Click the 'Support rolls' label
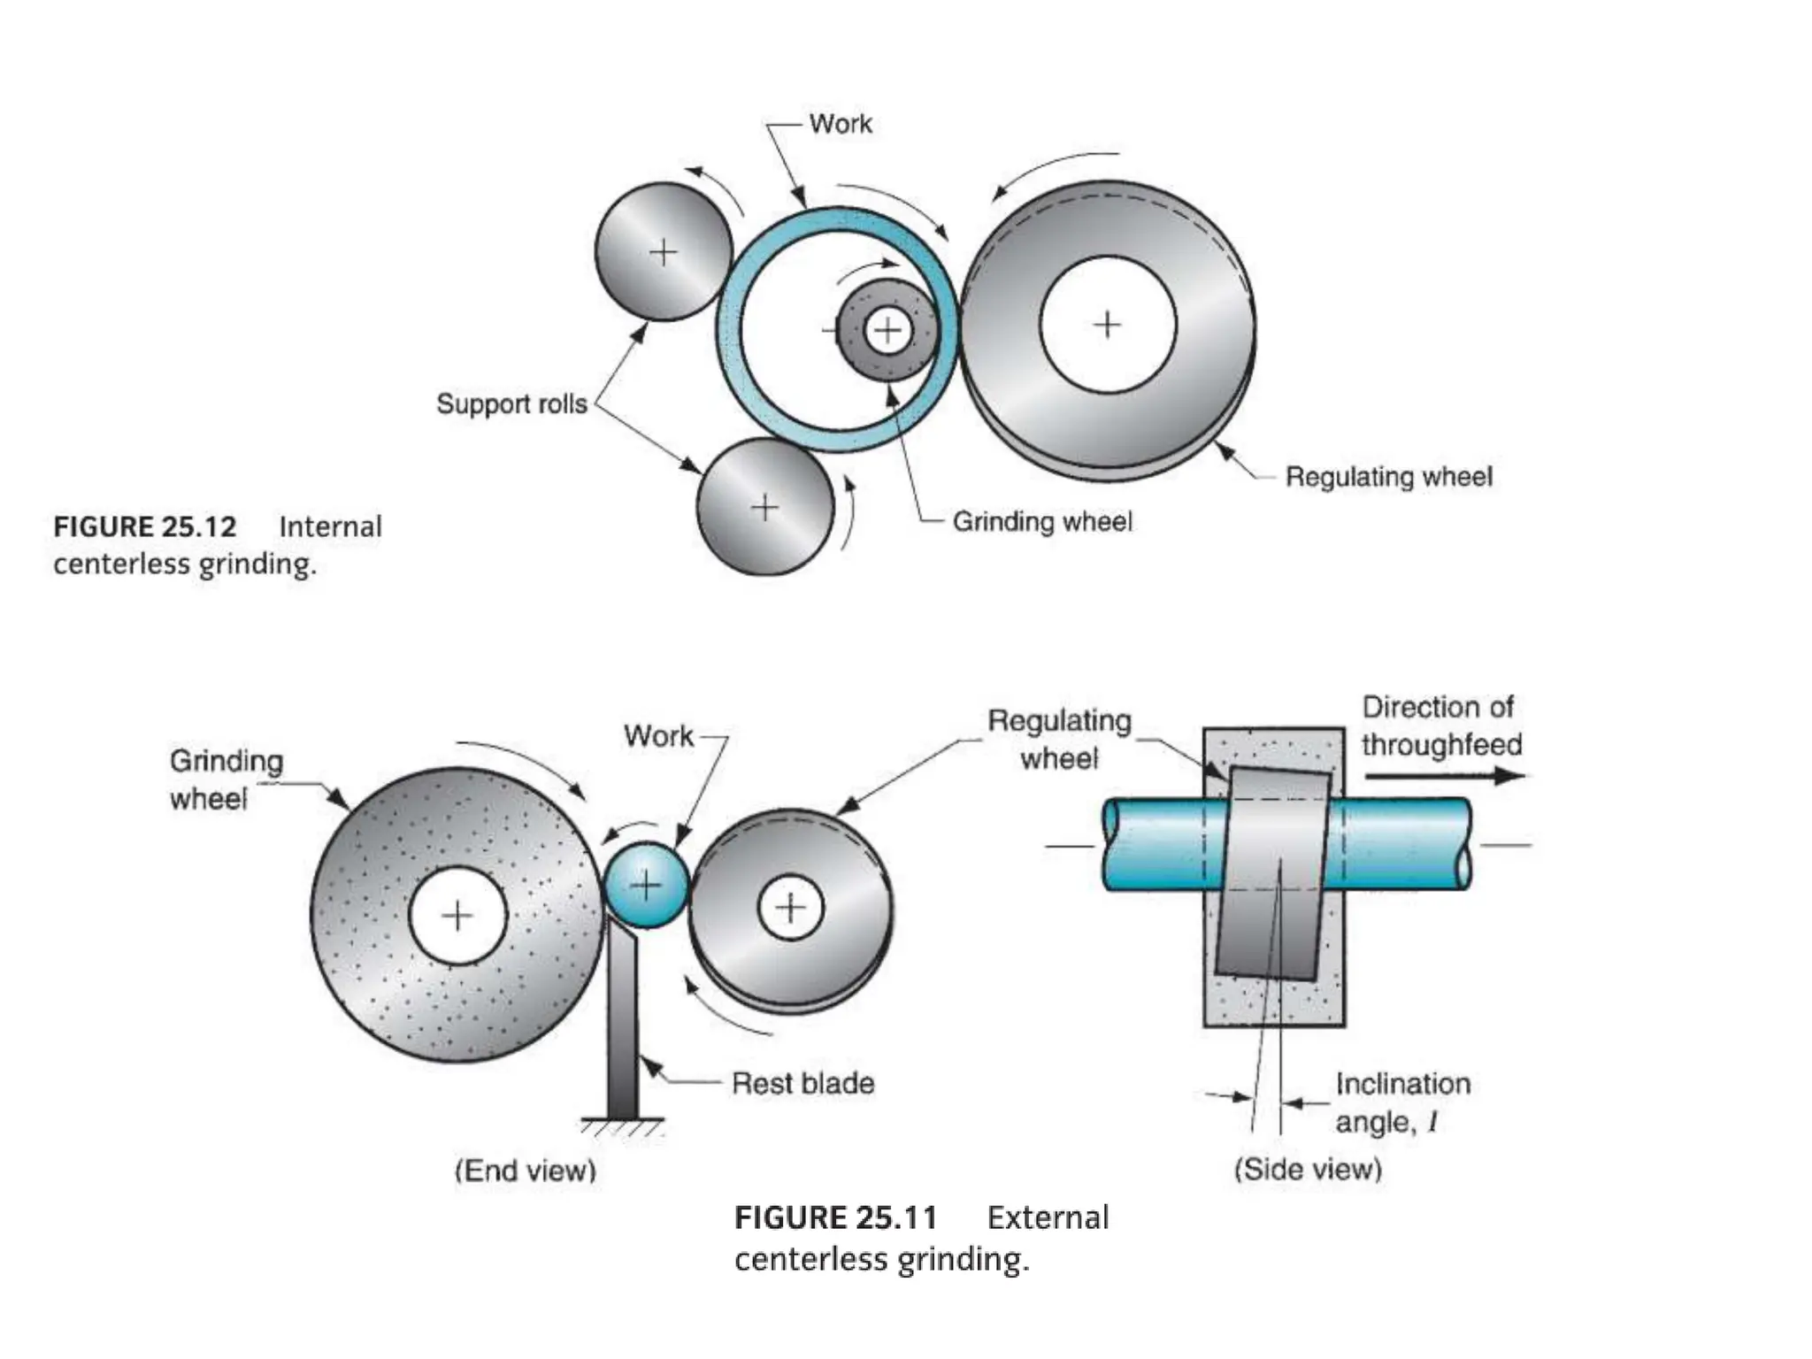(x=511, y=403)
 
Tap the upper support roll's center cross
(x=663, y=253)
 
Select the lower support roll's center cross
(x=764, y=508)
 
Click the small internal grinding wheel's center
(x=887, y=332)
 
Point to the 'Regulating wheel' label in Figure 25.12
(x=1388, y=477)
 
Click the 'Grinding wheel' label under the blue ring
(x=1041, y=522)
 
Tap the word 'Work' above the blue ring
(x=840, y=124)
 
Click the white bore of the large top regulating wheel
(x=1108, y=325)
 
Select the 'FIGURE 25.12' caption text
(x=145, y=527)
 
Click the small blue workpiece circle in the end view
(x=647, y=885)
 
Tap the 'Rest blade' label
(x=802, y=1083)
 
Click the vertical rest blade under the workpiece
(x=623, y=1026)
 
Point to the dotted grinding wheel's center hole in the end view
(x=457, y=915)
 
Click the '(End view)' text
(x=526, y=1171)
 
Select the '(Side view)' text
(x=1308, y=1169)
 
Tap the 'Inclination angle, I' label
(x=1402, y=1102)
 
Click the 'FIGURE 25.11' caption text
(x=835, y=1218)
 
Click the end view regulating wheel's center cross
(x=790, y=908)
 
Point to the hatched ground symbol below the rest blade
(x=623, y=1128)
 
